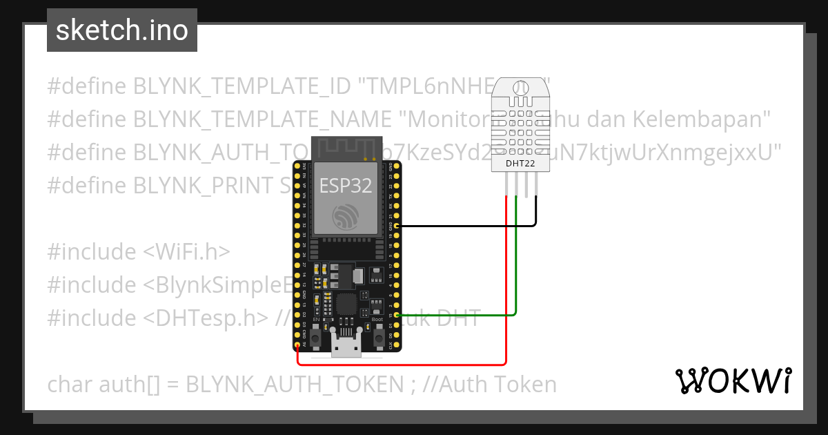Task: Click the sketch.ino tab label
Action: [122, 30]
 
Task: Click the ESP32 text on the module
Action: [346, 185]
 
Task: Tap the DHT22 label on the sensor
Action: [521, 164]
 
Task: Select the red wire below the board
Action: [400, 364]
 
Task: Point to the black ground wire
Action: [469, 226]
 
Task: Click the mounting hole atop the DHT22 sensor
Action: [521, 88]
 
